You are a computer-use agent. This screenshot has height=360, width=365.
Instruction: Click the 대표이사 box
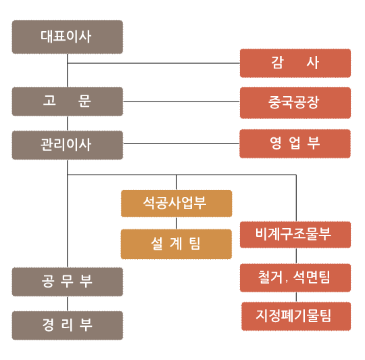pos(68,37)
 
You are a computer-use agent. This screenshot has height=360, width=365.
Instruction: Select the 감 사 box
pos(295,63)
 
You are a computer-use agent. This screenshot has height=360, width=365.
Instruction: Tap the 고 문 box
pos(68,102)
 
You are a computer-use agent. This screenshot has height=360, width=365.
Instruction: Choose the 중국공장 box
pos(295,103)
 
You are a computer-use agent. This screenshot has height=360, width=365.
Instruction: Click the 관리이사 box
pos(68,145)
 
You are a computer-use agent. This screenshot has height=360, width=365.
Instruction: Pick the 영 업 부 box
pos(295,143)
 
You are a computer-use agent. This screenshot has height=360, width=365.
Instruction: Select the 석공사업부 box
pos(176,204)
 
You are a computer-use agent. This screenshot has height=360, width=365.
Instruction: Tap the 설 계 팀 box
pos(176,244)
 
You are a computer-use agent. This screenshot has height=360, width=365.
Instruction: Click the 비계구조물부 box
pos(295,235)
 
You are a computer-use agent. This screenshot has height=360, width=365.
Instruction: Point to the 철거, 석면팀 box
pos(295,277)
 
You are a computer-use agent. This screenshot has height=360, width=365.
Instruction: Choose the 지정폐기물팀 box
pos(296,316)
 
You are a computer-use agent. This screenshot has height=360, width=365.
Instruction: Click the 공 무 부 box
pos(68,282)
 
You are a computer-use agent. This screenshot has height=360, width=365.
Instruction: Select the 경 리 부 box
pos(68,325)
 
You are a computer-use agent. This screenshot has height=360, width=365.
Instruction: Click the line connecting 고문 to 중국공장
pos(181,102)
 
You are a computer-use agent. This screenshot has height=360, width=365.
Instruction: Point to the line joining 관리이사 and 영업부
pos(181,143)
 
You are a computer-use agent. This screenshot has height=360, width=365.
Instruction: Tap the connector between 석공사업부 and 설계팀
pos(176,223)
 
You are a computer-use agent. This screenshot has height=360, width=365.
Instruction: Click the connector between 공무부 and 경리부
pos(68,304)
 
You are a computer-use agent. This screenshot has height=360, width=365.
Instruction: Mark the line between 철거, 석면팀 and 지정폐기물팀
pos(296,297)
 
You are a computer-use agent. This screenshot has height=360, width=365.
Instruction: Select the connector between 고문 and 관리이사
pos(68,123)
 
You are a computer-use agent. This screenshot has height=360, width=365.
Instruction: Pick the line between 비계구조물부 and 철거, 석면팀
pos(296,256)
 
